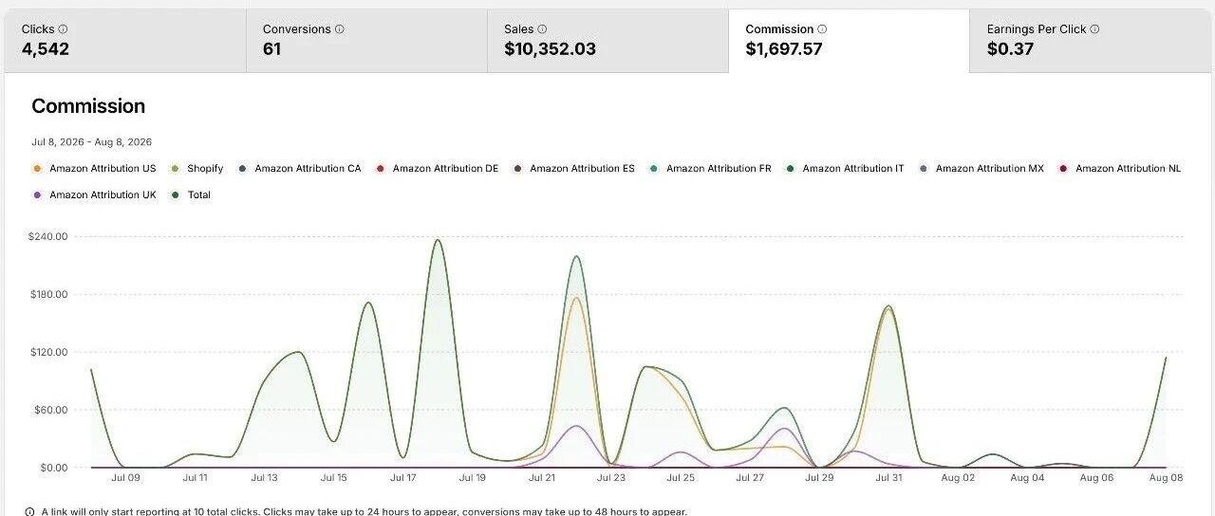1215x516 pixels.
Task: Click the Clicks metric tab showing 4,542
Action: [x=124, y=40]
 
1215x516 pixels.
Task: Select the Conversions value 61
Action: [x=271, y=48]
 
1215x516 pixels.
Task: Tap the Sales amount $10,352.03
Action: [x=550, y=48]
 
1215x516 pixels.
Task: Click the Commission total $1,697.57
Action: [x=784, y=48]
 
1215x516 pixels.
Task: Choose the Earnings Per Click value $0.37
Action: [x=1010, y=48]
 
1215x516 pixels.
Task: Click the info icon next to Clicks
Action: [x=63, y=29]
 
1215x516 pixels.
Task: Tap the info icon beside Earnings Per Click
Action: [x=1094, y=29]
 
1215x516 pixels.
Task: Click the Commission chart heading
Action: [x=88, y=106]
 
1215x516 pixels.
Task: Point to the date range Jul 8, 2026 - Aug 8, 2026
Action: [x=92, y=142]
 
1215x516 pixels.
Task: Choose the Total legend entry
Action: [x=191, y=195]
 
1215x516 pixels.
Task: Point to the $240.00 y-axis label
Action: [x=48, y=236]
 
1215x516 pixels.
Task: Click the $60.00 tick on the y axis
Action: [x=51, y=410]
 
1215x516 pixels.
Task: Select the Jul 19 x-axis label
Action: [x=473, y=477]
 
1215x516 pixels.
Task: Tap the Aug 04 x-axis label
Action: [x=1027, y=477]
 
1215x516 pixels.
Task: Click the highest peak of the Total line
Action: [x=438, y=240]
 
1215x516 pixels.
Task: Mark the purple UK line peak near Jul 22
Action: [x=576, y=426]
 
